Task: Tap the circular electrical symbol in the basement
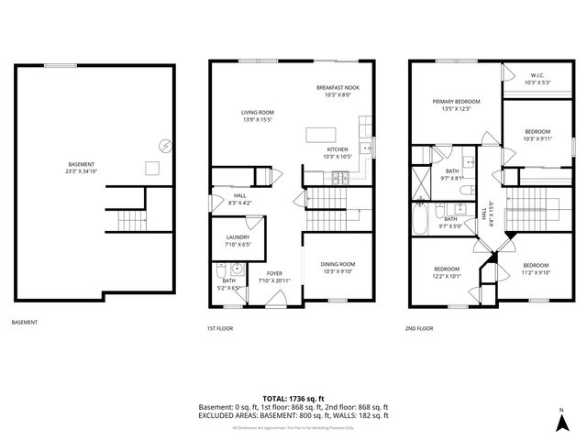click(165, 145)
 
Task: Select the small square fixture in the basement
click(152, 168)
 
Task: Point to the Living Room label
click(258, 112)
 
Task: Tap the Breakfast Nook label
click(338, 87)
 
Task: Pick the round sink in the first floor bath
click(237, 269)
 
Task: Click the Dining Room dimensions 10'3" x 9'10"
click(337, 271)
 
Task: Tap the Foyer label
click(274, 273)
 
